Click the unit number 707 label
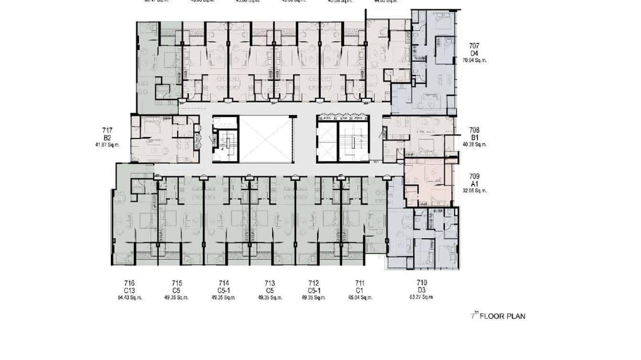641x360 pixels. (474, 46)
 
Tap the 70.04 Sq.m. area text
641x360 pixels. (474, 61)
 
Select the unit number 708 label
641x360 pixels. (474, 130)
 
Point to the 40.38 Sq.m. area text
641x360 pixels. (474, 144)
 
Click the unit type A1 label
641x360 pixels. (474, 183)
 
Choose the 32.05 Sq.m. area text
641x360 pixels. (474, 191)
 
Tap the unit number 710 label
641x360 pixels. (421, 283)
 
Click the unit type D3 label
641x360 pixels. (421, 290)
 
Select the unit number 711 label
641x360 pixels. (360, 283)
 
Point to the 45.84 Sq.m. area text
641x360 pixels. (360, 297)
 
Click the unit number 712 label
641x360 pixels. (314, 283)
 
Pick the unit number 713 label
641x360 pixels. (270, 283)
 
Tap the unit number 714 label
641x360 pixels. (224, 283)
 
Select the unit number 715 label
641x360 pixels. (177, 283)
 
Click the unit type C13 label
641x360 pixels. (130, 290)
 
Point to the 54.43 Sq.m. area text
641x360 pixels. (130, 297)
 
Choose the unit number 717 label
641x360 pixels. (107, 130)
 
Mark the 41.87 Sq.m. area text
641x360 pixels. (107, 144)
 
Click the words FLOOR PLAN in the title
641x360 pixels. (502, 316)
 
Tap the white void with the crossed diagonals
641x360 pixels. (264, 138)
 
